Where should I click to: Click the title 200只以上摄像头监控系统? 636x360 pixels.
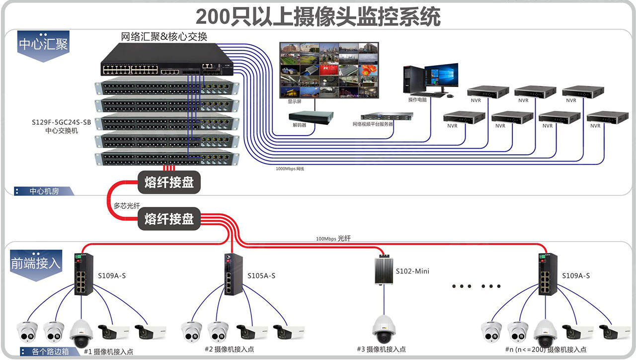click(318, 16)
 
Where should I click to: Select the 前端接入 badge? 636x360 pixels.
click(36, 264)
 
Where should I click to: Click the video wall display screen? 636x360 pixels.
click(328, 70)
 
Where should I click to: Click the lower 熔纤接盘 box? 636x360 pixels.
click(169, 219)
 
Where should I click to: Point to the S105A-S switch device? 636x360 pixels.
click(231, 274)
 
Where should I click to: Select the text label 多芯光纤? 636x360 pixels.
click(127, 205)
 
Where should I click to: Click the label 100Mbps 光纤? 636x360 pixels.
click(333, 239)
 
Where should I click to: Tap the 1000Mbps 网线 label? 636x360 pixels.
click(290, 169)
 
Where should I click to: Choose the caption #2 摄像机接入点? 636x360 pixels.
click(230, 349)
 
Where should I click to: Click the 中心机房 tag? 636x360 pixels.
click(44, 191)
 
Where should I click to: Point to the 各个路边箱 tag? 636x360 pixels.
click(50, 352)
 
